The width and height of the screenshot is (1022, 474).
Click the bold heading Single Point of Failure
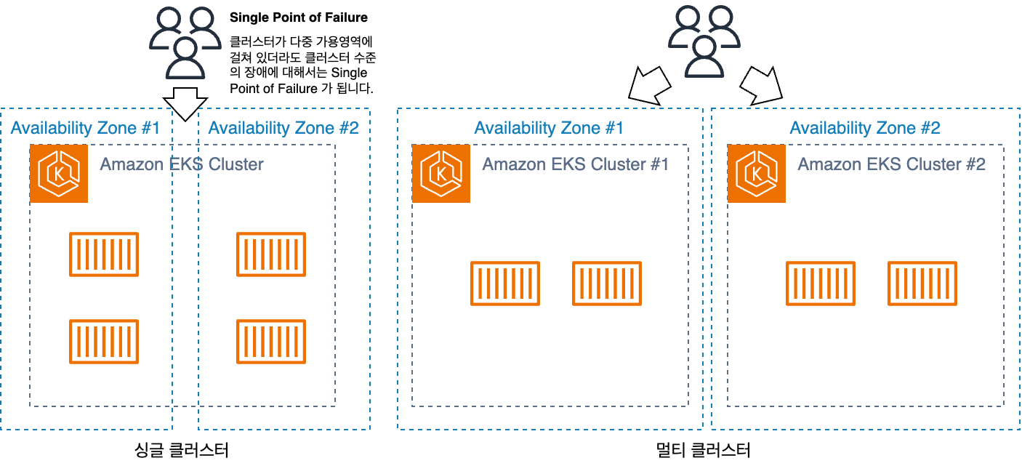[299, 17]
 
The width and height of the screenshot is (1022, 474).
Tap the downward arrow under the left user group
[185, 104]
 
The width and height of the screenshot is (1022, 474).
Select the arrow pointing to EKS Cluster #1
[650, 86]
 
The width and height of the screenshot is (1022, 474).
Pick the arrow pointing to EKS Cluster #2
[761, 86]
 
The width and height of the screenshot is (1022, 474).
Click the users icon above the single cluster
[185, 43]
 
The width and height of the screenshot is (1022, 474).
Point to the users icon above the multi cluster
[704, 41]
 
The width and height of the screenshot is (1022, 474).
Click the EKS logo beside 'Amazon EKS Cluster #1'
[440, 173]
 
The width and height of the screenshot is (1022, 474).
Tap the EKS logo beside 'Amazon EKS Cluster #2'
[757, 173]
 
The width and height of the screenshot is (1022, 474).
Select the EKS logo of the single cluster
[59, 173]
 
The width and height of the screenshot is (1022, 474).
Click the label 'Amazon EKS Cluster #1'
[576, 164]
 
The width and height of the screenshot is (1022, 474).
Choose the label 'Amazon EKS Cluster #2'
[891, 164]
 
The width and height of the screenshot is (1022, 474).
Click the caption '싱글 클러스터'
[182, 450]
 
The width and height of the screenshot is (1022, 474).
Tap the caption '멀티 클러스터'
[703, 450]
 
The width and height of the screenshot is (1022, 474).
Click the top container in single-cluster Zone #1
[104, 254]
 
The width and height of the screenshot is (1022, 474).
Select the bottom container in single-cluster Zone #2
[271, 341]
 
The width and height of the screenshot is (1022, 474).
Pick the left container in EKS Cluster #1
[505, 284]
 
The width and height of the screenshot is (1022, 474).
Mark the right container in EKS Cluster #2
[922, 284]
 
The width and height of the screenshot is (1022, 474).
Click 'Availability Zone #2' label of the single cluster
[283, 128]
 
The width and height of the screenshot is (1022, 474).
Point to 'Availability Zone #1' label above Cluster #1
[549, 128]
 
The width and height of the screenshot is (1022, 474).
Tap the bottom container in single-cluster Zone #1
[104, 341]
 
